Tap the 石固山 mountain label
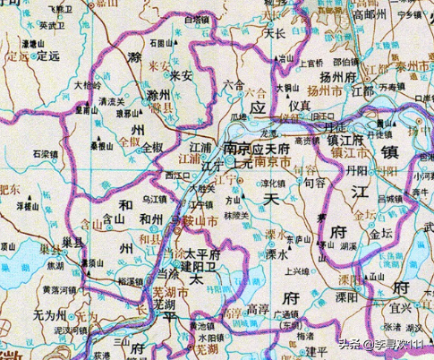click(x=161, y=41)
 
